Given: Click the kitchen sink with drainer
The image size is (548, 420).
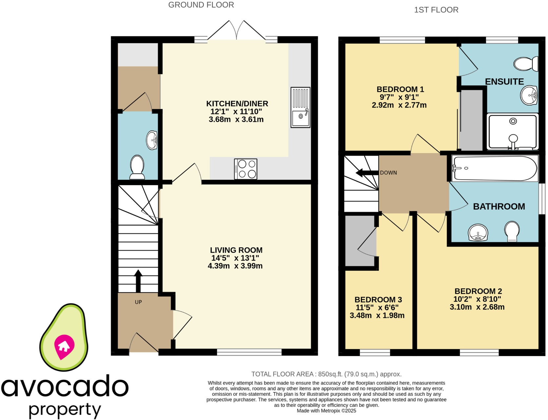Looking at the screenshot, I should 300,107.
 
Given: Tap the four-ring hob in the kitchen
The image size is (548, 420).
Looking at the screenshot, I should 246,169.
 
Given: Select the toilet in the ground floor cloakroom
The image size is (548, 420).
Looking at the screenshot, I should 137,167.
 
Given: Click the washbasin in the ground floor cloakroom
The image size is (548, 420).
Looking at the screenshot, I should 152,140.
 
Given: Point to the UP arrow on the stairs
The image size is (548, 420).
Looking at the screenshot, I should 138,281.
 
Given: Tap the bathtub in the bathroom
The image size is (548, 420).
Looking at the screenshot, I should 495,168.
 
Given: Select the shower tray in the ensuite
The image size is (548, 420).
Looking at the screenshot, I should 513,131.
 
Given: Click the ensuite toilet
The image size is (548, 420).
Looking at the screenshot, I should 526,64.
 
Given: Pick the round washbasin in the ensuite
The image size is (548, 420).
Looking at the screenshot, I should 529,95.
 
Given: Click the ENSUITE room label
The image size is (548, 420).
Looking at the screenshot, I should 504,81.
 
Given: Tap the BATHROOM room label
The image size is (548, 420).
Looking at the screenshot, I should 499,206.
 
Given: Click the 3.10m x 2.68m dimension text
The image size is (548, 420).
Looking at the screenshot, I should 477,307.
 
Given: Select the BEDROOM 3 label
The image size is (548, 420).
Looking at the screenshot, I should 378,300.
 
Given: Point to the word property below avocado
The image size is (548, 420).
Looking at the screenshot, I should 65,410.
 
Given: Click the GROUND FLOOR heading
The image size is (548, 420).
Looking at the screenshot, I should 201,5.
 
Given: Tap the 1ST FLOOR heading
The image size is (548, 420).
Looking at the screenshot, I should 436,10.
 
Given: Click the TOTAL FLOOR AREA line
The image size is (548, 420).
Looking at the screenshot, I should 326,374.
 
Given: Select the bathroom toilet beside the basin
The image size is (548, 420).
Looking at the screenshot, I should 512,231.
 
